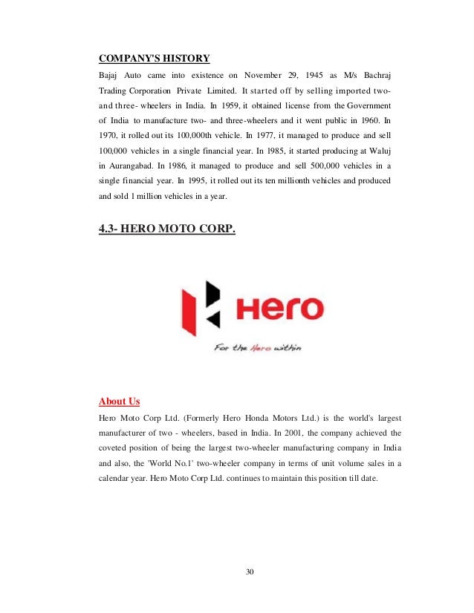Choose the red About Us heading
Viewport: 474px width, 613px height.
pyautogui.click(x=120, y=401)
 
